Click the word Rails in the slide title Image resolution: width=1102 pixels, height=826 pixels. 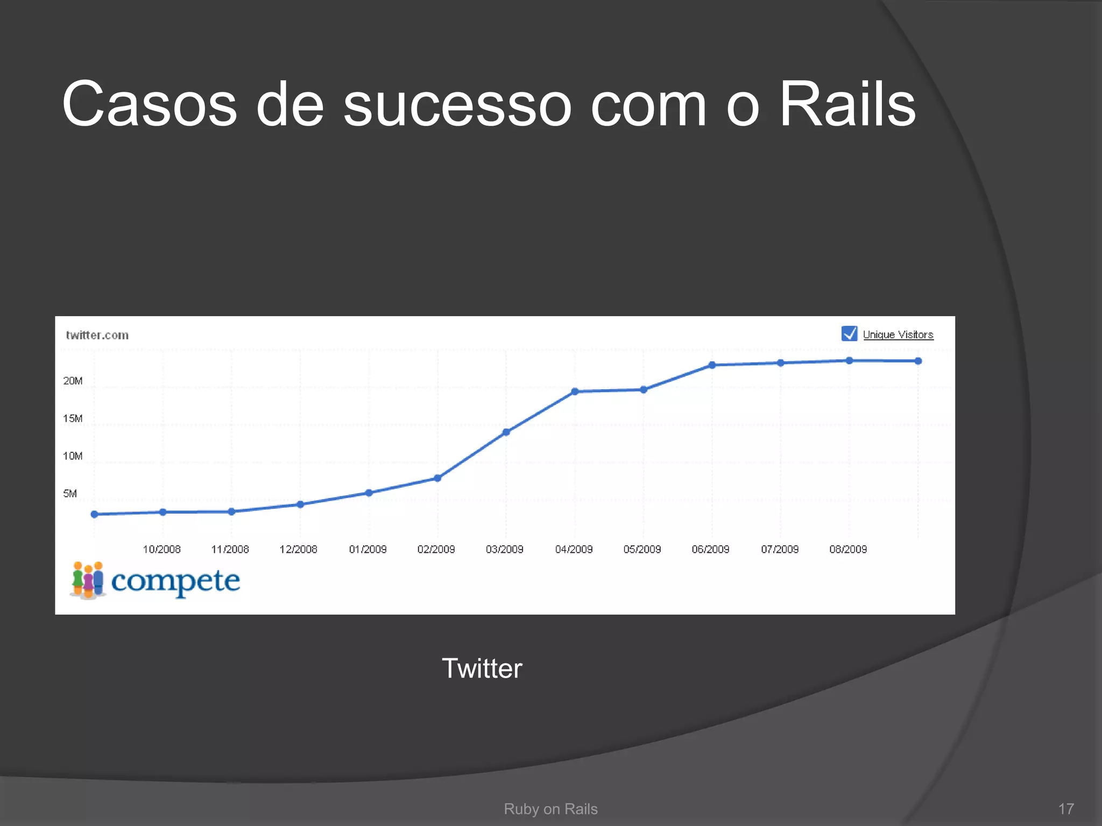(847, 104)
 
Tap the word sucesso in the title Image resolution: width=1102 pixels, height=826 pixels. (457, 104)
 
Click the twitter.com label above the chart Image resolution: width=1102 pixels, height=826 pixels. (97, 335)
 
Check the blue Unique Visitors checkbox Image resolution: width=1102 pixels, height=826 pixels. (849, 334)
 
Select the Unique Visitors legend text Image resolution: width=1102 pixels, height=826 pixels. (898, 334)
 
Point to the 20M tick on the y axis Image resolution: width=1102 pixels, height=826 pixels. (73, 381)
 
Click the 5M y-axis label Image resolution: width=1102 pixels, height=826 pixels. (70, 494)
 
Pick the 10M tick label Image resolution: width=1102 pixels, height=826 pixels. (73, 456)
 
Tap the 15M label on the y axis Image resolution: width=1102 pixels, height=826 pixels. (73, 418)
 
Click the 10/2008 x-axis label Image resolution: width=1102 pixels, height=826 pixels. (161, 549)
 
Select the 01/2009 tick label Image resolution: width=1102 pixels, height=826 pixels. (368, 549)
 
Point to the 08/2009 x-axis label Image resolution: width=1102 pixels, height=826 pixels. (848, 549)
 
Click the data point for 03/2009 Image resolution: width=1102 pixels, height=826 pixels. (506, 432)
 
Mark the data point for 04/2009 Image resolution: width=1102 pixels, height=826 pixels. (575, 391)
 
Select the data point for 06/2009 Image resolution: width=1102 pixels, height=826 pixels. (712, 365)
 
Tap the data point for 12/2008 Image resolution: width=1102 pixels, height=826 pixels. (300, 504)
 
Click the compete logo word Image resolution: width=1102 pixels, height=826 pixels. (175, 581)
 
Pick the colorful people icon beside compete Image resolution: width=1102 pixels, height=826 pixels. (88, 580)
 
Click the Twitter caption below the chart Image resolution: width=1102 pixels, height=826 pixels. (482, 668)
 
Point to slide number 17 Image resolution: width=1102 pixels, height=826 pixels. (1065, 809)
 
